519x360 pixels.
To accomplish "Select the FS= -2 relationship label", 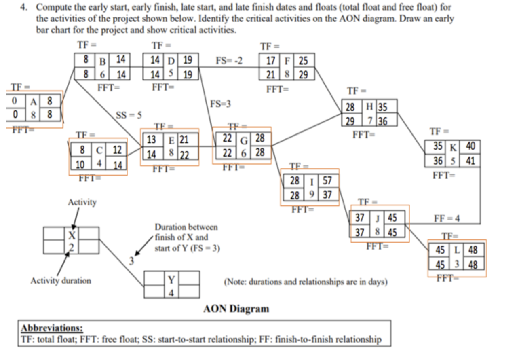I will (x=229, y=61).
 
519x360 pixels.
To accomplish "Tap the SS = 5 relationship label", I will (x=129, y=116).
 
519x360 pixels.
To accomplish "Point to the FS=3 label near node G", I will (x=220, y=104).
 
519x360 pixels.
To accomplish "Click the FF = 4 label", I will (x=447, y=218).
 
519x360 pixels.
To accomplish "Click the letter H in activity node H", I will (x=369, y=107).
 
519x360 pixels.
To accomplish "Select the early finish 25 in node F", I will (x=303, y=61).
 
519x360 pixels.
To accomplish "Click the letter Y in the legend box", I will (x=171, y=280).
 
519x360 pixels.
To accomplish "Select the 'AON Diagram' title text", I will (x=236, y=309).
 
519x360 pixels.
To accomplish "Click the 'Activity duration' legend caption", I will (x=61, y=281).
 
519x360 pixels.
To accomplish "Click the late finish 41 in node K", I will (x=470, y=161).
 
